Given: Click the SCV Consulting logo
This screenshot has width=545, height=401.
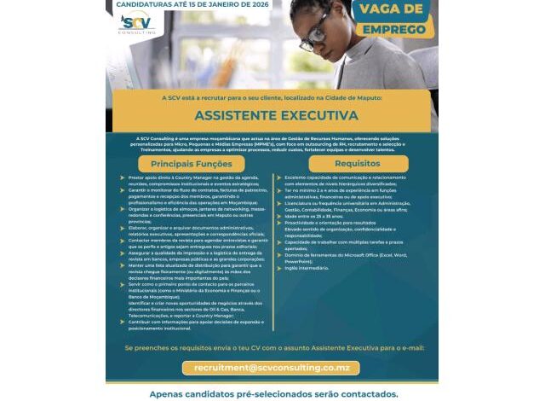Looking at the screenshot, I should click(x=136, y=25).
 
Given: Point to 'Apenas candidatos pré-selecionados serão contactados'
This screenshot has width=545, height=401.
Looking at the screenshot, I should click(x=272, y=394).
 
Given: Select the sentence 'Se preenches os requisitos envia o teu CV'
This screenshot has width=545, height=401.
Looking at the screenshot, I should click(x=272, y=347).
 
